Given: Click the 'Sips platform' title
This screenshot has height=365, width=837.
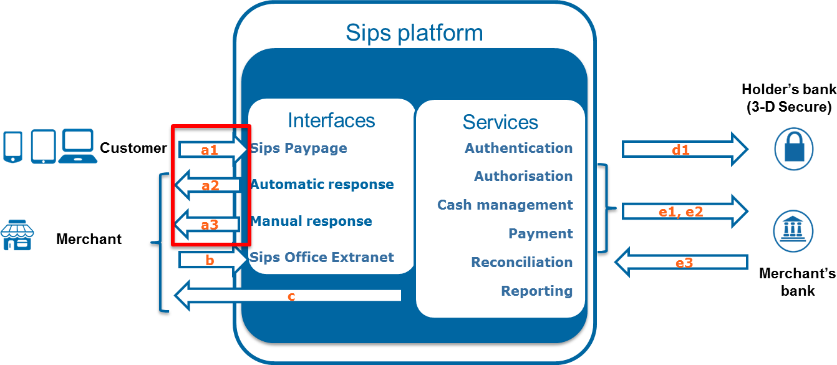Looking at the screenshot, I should (414, 32).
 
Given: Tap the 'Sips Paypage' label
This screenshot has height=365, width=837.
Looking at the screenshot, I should (299, 148).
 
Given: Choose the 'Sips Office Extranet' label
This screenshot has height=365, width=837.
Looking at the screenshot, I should (322, 257).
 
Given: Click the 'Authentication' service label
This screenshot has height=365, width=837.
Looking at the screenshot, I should (518, 148).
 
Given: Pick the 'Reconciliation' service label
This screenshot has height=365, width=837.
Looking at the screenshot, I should (521, 262).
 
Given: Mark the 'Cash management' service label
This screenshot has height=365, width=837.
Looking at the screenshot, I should (505, 205).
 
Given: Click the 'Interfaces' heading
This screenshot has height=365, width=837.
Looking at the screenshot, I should (331, 120).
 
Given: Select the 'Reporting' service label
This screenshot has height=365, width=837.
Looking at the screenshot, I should (536, 291).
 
